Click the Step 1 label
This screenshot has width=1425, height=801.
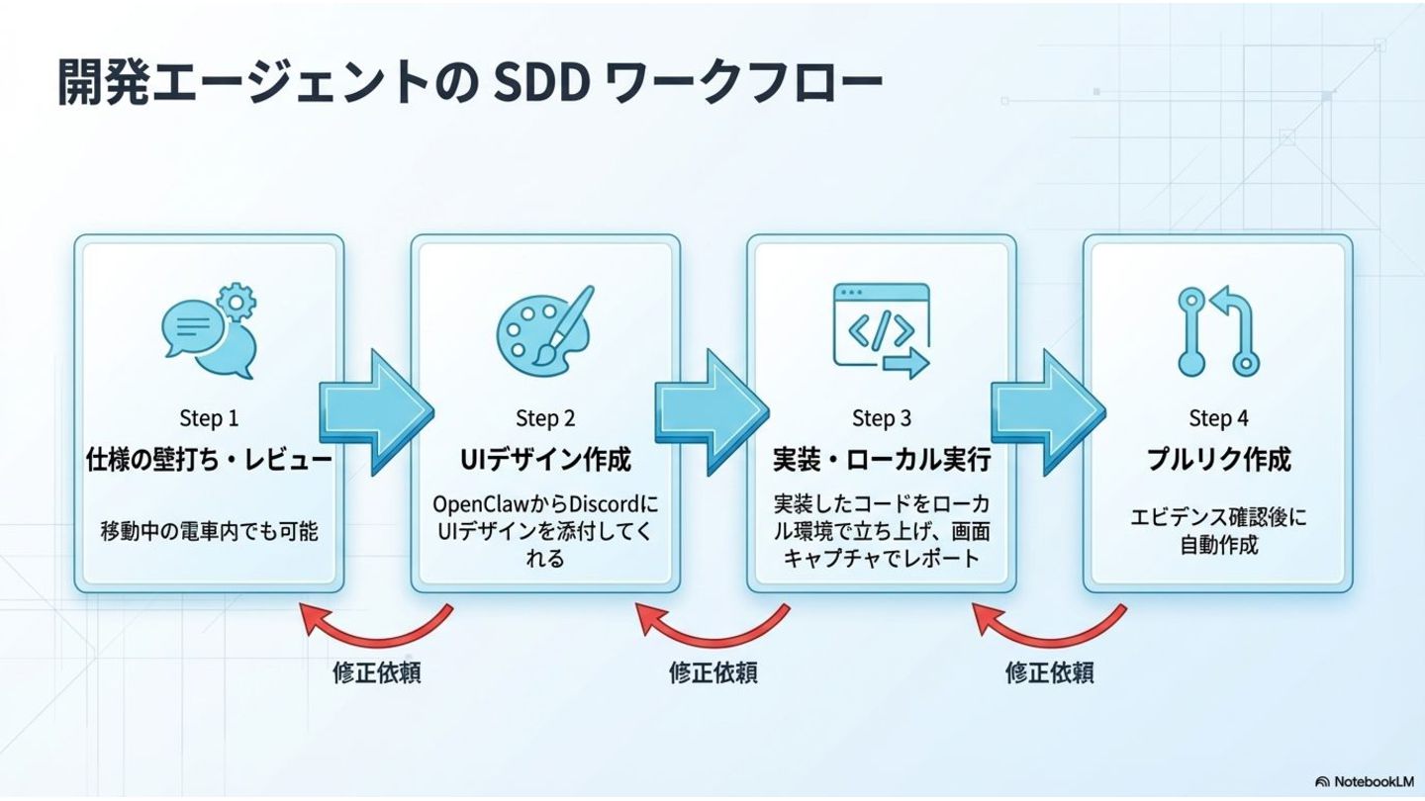(x=209, y=418)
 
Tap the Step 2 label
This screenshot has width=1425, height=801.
(x=545, y=418)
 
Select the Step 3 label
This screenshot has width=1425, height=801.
(x=882, y=418)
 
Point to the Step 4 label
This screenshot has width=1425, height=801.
(x=1218, y=418)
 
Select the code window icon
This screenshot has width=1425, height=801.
(x=882, y=331)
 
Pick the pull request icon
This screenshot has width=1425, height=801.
(x=1219, y=331)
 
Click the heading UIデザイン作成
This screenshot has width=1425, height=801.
(x=545, y=460)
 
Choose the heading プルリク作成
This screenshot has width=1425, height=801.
(x=1218, y=460)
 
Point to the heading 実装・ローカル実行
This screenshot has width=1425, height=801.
(x=882, y=460)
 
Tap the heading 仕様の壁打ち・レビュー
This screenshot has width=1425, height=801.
(x=209, y=460)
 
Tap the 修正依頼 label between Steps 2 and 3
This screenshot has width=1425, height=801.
(x=713, y=673)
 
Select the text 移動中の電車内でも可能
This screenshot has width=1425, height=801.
(x=209, y=531)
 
